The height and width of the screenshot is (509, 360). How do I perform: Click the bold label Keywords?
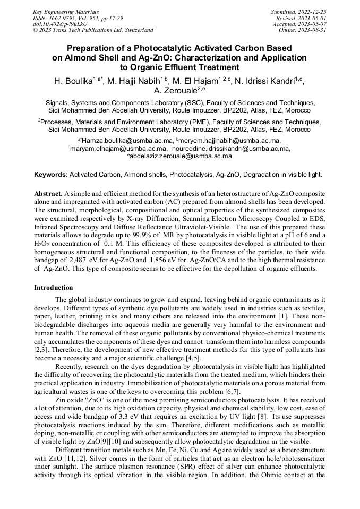[x=51, y=175]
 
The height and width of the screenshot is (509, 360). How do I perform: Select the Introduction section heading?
[x=54, y=287]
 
